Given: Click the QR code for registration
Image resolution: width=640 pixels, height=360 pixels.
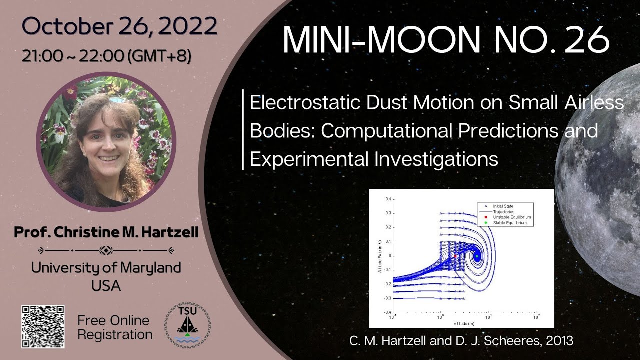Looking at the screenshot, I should pyautogui.click(x=43, y=326).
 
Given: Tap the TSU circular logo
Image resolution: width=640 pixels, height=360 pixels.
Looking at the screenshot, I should pyautogui.click(x=188, y=326).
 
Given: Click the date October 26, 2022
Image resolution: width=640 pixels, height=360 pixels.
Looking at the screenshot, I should pyautogui.click(x=119, y=26).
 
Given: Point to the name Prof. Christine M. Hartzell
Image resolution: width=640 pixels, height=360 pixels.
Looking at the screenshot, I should pyautogui.click(x=106, y=232).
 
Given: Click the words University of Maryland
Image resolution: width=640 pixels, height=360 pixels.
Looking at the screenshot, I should pyautogui.click(x=106, y=268).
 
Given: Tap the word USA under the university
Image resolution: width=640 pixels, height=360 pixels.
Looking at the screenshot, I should pyautogui.click(x=106, y=286).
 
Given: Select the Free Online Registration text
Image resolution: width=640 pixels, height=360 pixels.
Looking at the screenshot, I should pyautogui.click(x=114, y=327).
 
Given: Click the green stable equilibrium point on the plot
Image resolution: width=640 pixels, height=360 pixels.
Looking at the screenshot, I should pyautogui.click(x=477, y=256).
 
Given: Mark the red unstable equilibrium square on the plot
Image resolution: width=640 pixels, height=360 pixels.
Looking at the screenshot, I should pyautogui.click(x=455, y=256).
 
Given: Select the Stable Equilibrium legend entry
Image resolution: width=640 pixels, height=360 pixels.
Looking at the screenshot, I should pyautogui.click(x=508, y=223).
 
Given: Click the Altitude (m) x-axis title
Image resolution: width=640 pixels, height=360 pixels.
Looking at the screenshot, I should pyautogui.click(x=462, y=323).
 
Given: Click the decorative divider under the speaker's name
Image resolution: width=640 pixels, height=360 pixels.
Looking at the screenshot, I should pyautogui.click(x=106, y=250).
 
